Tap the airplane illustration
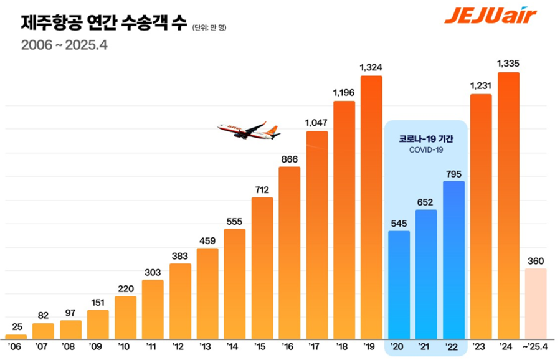[x=249, y=131]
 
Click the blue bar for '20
[x=399, y=283]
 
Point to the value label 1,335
[x=508, y=63]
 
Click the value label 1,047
[x=317, y=122]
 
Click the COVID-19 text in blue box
[x=426, y=150]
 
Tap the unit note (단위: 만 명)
[x=214, y=27]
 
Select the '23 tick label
[x=481, y=346]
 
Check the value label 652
[x=426, y=201]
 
